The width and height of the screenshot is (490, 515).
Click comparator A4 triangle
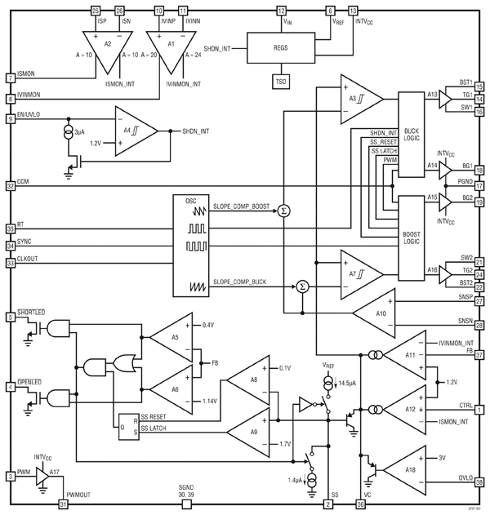(x=131, y=131)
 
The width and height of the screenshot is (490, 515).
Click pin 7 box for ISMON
(x=10, y=79)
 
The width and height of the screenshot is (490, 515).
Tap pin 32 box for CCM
(x=10, y=185)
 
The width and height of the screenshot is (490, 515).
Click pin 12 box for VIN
(x=282, y=11)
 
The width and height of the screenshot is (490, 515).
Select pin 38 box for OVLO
(x=479, y=482)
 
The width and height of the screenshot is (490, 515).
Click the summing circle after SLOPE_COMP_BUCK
(x=302, y=286)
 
